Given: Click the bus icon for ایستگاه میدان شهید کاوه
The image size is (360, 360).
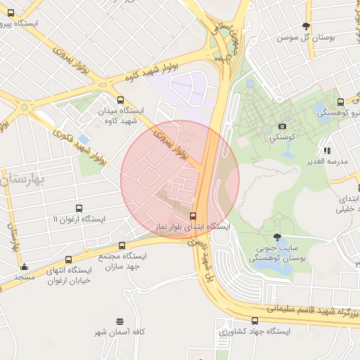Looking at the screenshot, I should point(121,101).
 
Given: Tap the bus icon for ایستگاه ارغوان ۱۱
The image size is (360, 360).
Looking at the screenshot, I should point(79,209).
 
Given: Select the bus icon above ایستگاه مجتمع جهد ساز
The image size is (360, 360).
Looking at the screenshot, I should point(122,246).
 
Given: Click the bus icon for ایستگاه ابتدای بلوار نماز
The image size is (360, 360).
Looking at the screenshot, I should point(193,216).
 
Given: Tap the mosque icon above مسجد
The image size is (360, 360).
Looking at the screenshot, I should point(25,266).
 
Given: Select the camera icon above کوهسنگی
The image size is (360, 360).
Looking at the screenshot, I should point(283,126).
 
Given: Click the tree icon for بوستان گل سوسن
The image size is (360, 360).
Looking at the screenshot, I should point(305,26).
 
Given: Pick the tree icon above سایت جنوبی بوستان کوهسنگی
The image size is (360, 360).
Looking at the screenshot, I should point(277,237).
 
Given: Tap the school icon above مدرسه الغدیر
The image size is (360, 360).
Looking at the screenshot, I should point(326,150).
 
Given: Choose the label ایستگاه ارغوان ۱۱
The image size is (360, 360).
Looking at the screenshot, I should point(79,219).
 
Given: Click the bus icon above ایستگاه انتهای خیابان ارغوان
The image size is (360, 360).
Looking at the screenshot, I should point(67,260).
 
